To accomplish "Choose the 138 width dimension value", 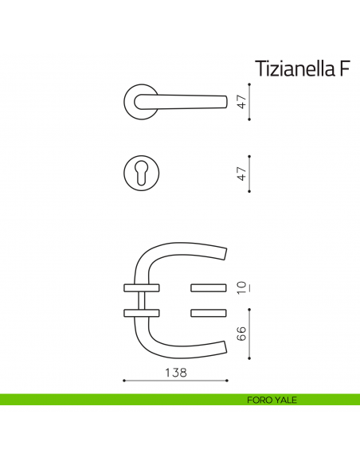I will [175, 372].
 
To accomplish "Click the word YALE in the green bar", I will [284, 400].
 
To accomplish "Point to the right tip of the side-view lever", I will [228, 101].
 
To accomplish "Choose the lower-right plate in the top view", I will [209, 312].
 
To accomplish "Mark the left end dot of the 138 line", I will [123, 381].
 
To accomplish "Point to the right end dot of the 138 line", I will [227, 381].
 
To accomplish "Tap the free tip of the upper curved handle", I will [225, 253].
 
